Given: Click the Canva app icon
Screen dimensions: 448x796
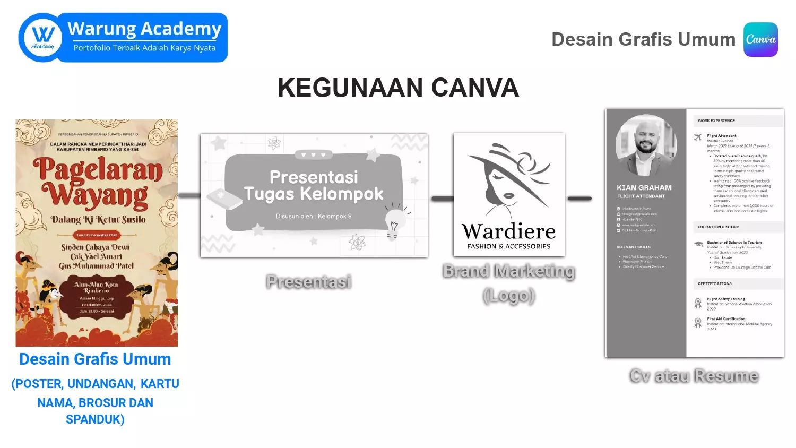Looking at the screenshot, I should [x=760, y=39].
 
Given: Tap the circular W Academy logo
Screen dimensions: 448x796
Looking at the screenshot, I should [x=42, y=38].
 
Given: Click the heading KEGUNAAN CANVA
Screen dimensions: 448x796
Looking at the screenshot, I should [x=398, y=88].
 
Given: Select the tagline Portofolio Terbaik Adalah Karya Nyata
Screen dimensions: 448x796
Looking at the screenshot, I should [x=144, y=48].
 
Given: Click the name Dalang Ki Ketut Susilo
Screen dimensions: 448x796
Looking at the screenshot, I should [x=98, y=219].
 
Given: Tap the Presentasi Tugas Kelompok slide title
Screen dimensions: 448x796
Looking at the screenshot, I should [x=314, y=185].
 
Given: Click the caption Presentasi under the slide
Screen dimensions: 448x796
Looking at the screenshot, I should [x=309, y=281].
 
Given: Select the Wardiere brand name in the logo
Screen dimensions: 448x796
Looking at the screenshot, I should [x=508, y=231].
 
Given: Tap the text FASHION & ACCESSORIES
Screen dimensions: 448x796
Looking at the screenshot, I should [x=508, y=246].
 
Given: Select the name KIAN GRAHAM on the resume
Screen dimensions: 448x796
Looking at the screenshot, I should [x=644, y=187].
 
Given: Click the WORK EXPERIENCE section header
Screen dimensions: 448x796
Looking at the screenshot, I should [x=716, y=120].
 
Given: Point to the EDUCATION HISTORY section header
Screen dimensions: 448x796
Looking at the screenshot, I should [x=718, y=227].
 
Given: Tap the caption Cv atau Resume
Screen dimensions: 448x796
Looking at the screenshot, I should [x=694, y=376].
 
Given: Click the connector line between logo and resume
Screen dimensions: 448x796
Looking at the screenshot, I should [x=579, y=199].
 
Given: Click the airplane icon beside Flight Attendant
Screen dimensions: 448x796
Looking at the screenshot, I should [x=698, y=137].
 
